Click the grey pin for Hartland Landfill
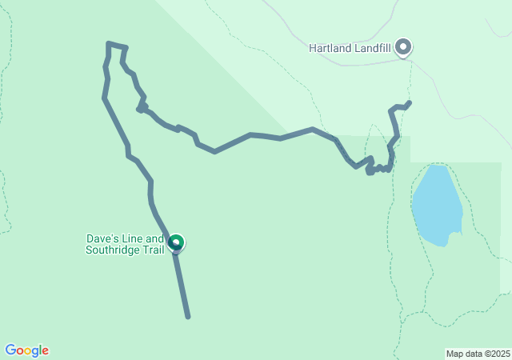point(404,47)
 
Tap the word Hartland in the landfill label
point(330,48)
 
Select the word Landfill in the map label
point(374,48)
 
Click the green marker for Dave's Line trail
point(176,242)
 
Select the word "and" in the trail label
point(155,238)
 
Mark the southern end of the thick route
point(188,317)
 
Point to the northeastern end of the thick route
point(410,102)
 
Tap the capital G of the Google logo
point(10,350)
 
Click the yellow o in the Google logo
point(30,351)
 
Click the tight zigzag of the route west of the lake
point(378,168)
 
